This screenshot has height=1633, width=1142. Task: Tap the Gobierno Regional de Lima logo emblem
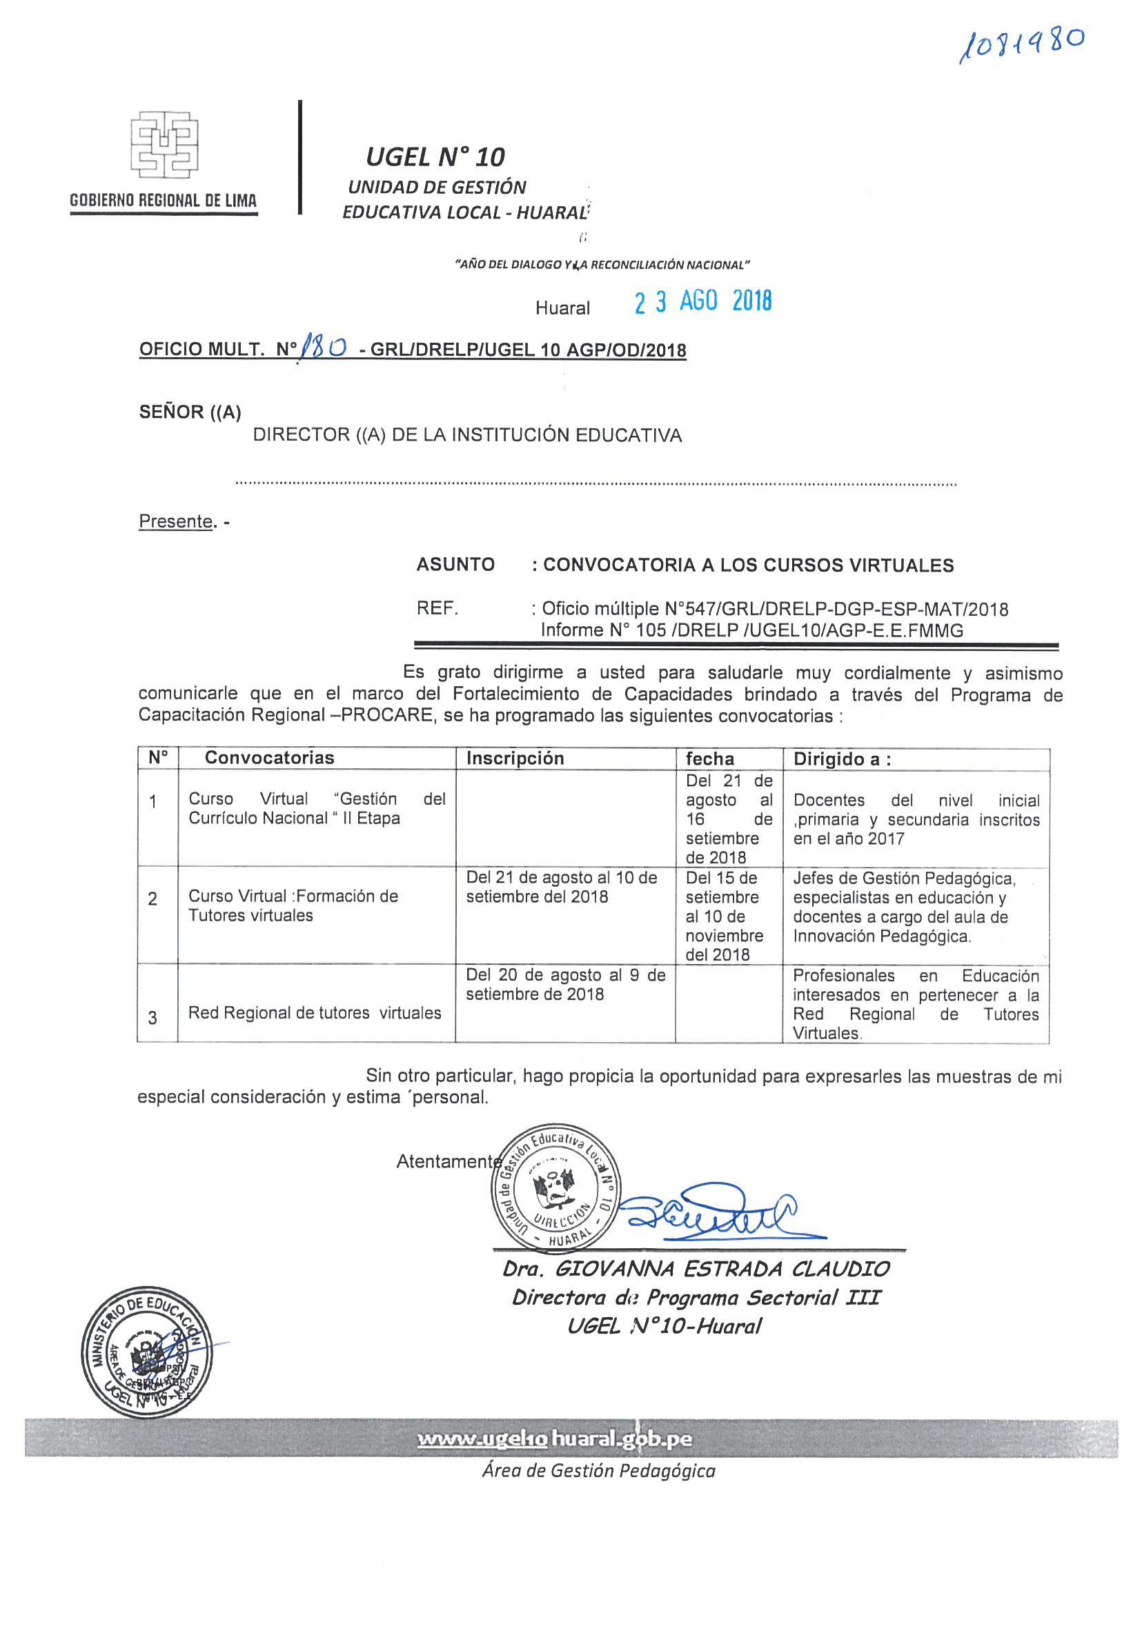click(164, 144)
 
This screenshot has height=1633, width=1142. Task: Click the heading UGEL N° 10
click(435, 157)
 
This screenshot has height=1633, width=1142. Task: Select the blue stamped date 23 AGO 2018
click(702, 301)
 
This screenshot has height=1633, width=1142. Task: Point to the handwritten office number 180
click(323, 347)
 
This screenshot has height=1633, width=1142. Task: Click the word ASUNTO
click(455, 565)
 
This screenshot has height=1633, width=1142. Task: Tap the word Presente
click(176, 521)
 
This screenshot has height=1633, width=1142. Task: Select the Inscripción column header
click(515, 758)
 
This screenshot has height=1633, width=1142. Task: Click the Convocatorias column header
click(269, 757)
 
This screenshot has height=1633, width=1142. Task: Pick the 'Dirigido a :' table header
click(842, 759)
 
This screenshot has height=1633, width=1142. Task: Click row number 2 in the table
click(153, 899)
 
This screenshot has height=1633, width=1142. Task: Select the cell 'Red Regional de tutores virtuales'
click(315, 1013)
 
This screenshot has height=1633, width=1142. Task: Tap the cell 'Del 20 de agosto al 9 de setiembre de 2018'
click(565, 984)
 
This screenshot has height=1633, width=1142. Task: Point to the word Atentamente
click(449, 1161)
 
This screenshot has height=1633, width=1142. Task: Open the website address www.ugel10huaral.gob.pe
click(554, 1439)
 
